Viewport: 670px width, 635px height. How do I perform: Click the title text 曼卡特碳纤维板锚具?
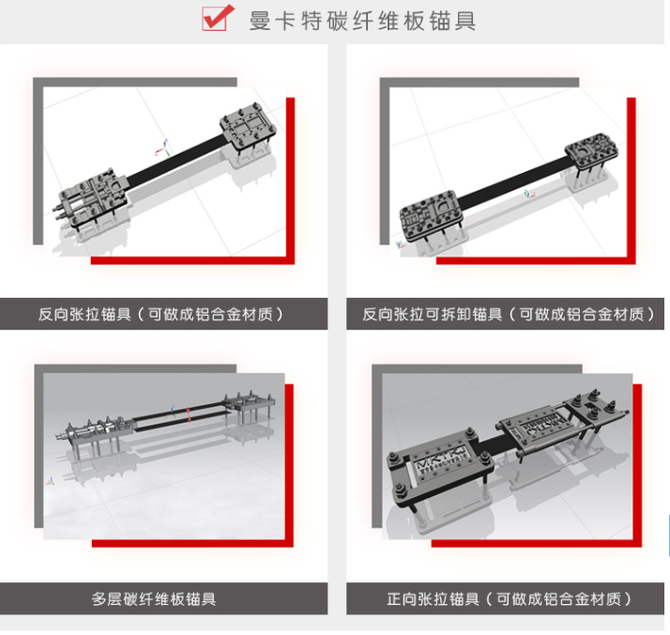click(362, 20)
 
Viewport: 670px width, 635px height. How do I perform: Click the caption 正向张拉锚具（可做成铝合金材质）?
click(508, 598)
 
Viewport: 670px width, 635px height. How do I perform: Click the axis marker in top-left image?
click(162, 147)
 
